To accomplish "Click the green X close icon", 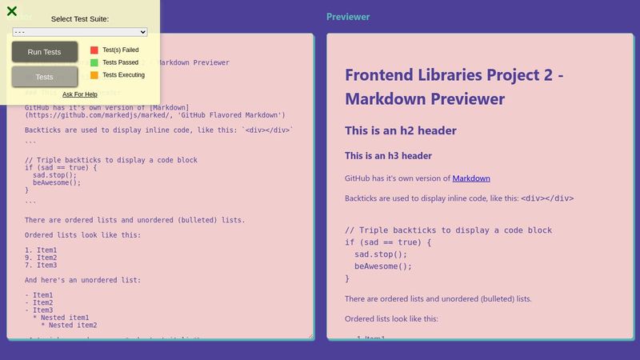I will pos(12,11).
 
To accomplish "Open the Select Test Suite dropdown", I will pos(80,32).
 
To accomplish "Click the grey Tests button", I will pos(45,77).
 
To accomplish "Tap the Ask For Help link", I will pos(80,94).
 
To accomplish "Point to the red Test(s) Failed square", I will pos(94,50).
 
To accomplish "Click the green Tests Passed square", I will pos(94,62).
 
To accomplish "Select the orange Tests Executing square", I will pos(94,75).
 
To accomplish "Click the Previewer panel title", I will pos(348,17).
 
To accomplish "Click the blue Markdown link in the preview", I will pos(471,178).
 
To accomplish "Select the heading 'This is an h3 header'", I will pos(388,155).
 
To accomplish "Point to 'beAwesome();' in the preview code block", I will pos(383,266).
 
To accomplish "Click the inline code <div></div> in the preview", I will pos(547,198).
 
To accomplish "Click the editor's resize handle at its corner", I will pos(310,336).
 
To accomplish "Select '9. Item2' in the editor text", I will pos(41,258).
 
